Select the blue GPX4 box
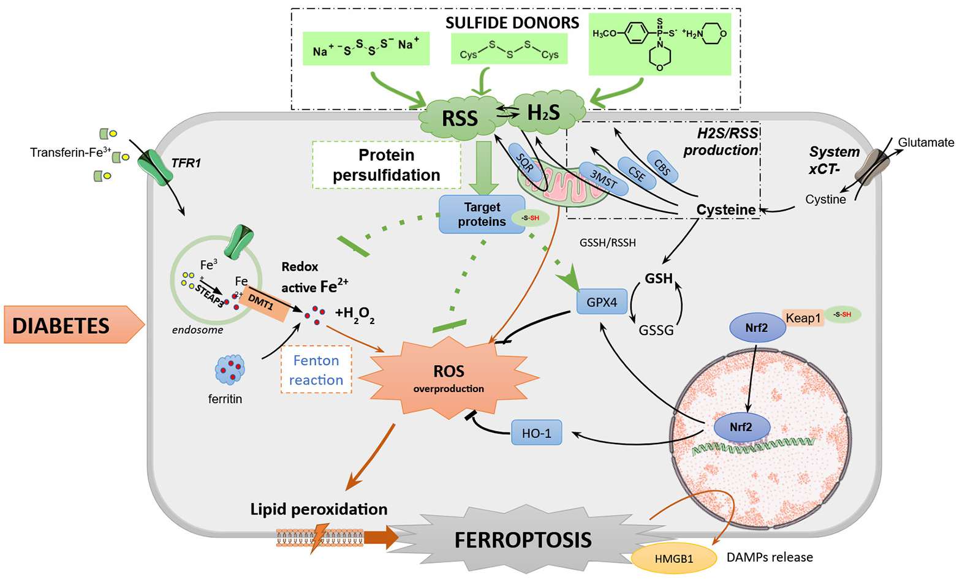tap(602, 302)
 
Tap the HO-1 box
tap(536, 433)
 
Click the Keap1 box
tap(803, 318)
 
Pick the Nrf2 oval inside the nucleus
tap(741, 427)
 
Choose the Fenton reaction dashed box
tap(316, 370)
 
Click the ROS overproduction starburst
tap(448, 377)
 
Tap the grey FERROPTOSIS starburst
tap(523, 540)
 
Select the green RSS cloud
tap(460, 117)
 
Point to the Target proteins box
tap(482, 214)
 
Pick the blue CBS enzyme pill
tap(662, 167)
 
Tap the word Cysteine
tap(726, 210)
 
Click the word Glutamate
tap(926, 143)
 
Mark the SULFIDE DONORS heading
tap(512, 23)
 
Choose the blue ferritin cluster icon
tap(230, 369)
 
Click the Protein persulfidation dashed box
tap(387, 165)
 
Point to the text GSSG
tap(656, 331)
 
